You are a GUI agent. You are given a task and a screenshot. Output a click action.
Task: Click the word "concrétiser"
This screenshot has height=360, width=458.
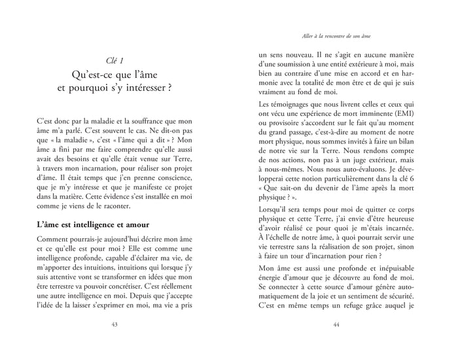150,289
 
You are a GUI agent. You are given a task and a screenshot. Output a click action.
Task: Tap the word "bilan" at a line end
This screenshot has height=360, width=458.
423,143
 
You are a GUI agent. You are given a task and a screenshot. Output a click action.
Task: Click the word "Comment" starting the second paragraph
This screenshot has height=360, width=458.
54,242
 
